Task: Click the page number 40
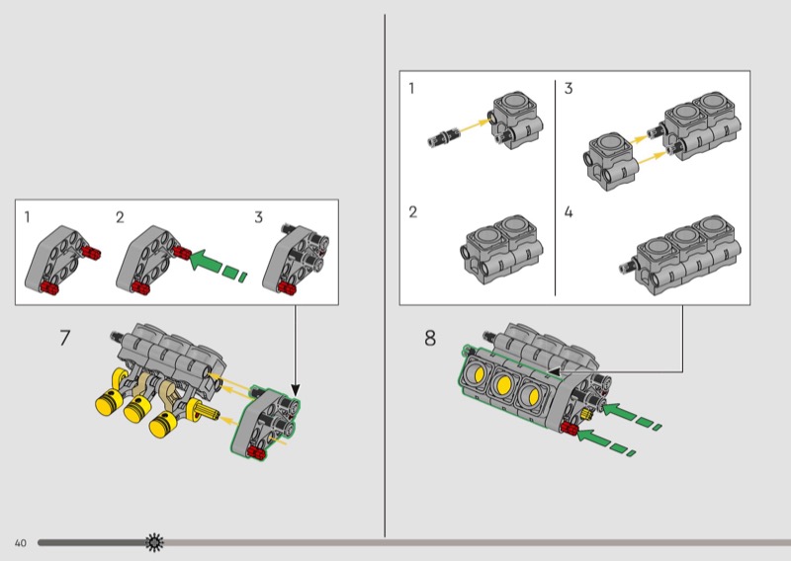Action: pyautogui.click(x=20, y=543)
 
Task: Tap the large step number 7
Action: pyautogui.click(x=64, y=338)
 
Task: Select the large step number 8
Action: pyautogui.click(x=430, y=338)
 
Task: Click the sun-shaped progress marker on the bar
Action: pyautogui.click(x=154, y=542)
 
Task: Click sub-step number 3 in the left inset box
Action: pyautogui.click(x=259, y=216)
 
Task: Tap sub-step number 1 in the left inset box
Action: pyautogui.click(x=28, y=216)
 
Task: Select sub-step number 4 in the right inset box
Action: pyautogui.click(x=569, y=212)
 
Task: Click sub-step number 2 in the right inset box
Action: pyautogui.click(x=413, y=212)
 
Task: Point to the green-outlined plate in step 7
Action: pyautogui.click(x=263, y=425)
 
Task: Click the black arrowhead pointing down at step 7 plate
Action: pyautogui.click(x=295, y=387)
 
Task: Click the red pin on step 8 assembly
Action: pyautogui.click(x=569, y=427)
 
